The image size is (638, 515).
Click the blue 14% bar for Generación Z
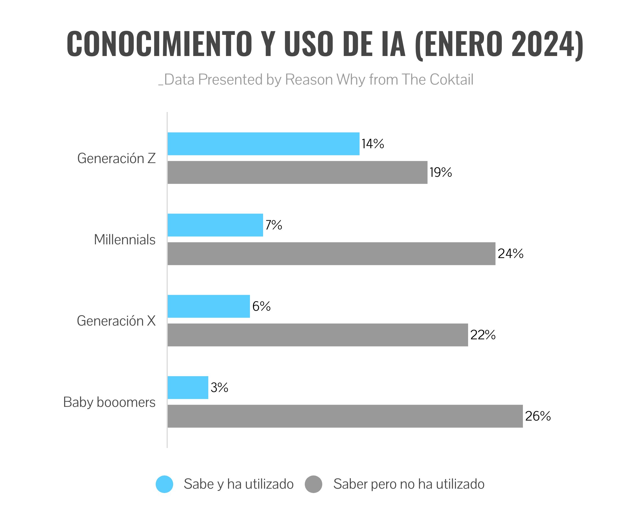(263, 144)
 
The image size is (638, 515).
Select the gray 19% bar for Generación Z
(297, 172)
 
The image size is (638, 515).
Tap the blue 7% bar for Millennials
(215, 225)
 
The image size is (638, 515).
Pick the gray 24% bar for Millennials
(331, 254)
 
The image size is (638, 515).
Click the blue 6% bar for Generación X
(209, 306)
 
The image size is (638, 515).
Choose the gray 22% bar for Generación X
(318, 335)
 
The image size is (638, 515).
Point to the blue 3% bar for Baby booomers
(188, 388)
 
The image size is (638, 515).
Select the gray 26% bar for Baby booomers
(345, 416)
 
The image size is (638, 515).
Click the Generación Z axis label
(116, 158)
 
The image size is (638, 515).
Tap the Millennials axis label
(125, 240)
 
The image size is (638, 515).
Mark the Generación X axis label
(116, 321)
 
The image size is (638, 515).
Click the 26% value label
(538, 416)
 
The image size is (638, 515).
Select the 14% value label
(373, 144)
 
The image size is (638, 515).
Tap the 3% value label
(220, 388)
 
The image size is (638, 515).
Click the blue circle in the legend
(164, 484)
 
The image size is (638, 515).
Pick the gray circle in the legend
(313, 484)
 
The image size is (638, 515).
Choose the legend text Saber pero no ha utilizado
(409, 484)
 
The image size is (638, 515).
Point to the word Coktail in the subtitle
(451, 80)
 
